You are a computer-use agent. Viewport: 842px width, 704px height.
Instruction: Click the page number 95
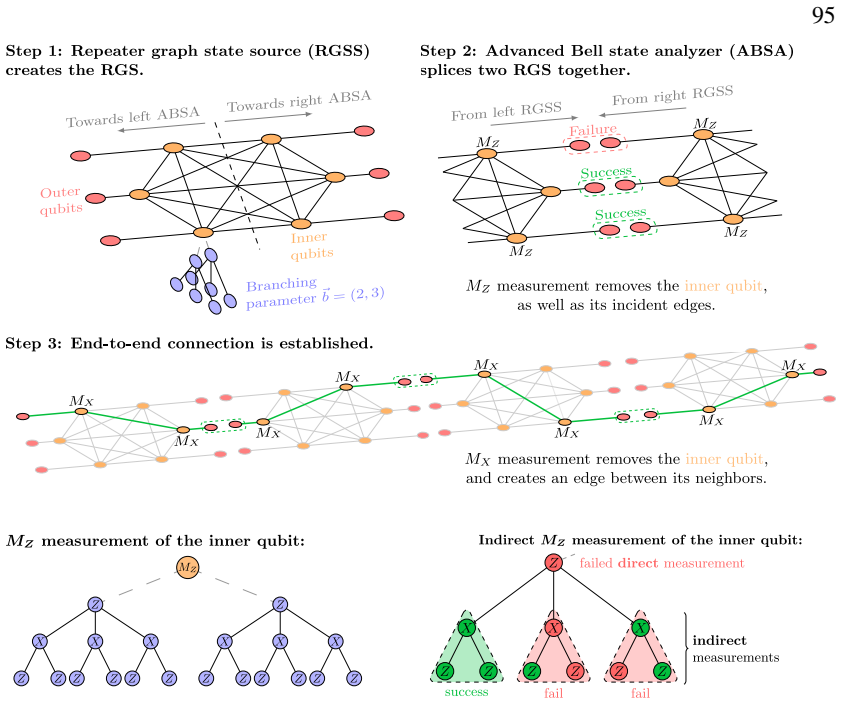[x=823, y=15]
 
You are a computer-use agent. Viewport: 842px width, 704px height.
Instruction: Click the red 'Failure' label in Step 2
[x=593, y=131]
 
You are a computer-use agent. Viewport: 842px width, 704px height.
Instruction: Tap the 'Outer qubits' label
[x=61, y=201]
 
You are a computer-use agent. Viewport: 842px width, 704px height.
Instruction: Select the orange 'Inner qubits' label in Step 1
[x=312, y=246]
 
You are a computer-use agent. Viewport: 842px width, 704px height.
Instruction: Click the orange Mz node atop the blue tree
[x=188, y=567]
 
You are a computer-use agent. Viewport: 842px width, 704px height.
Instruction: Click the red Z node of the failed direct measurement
[x=553, y=563]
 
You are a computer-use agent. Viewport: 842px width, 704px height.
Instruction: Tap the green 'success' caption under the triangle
[x=466, y=692]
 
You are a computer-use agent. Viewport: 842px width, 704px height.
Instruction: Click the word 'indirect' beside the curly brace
[x=719, y=641]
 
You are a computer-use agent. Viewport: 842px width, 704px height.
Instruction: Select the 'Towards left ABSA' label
[x=133, y=117]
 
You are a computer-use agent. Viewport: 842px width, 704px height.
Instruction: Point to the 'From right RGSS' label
[x=673, y=96]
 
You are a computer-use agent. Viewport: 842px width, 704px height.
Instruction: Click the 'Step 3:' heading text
[x=34, y=344]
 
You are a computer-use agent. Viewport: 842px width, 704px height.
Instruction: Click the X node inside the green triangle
[x=467, y=628]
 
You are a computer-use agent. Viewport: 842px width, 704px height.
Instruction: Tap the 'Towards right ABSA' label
[x=299, y=101]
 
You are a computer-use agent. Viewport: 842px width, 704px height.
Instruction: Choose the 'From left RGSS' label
[x=507, y=111]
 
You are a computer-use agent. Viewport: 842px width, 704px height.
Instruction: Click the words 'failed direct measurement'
[x=662, y=563]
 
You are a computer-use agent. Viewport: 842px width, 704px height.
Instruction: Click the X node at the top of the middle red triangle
[x=553, y=628]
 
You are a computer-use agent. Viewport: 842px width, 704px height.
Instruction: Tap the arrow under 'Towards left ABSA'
[x=161, y=127]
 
